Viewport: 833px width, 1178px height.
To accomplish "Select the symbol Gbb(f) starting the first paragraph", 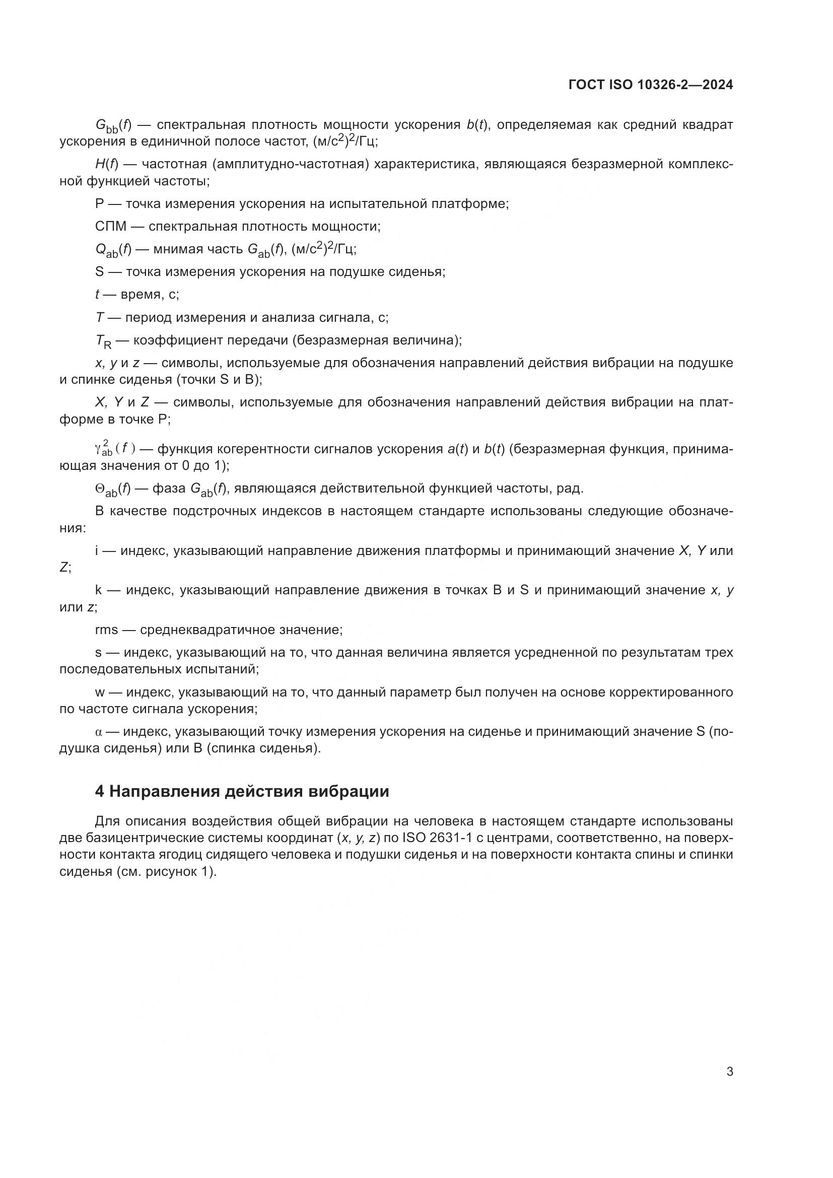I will [113, 126].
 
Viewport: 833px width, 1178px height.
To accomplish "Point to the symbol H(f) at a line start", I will [106, 164].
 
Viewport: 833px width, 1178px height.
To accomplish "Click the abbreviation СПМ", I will [110, 226].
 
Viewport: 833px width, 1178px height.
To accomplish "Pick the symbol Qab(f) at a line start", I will [113, 250].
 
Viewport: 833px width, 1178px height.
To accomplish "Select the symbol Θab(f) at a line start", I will [113, 489].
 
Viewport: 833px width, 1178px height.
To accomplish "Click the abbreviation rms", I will [106, 630].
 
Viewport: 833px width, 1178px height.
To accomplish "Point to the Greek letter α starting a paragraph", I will [99, 732].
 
